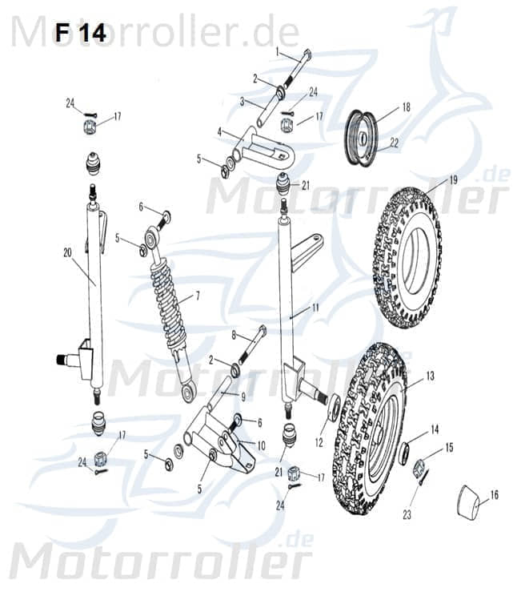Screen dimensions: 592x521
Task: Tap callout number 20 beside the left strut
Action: coord(67,252)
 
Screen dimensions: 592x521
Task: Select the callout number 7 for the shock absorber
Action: coord(197,296)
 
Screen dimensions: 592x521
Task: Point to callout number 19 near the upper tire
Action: coord(453,180)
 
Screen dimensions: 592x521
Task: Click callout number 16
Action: coord(494,496)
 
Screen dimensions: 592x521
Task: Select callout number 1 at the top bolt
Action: coord(278,51)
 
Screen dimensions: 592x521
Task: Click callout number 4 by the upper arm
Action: coord(219,131)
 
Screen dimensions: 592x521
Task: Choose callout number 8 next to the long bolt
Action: coord(234,335)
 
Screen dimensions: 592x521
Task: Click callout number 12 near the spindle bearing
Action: coord(319,440)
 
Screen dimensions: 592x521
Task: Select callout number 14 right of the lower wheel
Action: coord(435,429)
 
